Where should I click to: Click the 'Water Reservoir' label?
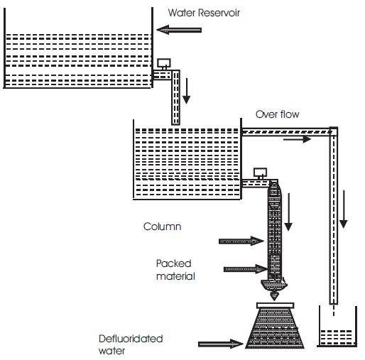tap(204, 13)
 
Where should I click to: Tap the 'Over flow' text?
tap(277, 114)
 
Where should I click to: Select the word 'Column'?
tap(163, 227)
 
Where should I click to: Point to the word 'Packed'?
tap(174, 263)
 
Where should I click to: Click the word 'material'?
tap(175, 276)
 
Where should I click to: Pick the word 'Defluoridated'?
tap(131, 339)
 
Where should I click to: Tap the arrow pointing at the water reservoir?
tap(179, 30)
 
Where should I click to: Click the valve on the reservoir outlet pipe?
tap(164, 64)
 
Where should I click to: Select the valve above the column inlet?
tap(260, 173)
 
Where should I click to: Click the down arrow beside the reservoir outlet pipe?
tap(187, 91)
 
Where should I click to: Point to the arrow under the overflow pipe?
tap(297, 139)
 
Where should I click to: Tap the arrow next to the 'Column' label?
tap(241, 241)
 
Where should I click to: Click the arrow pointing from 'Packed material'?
tap(246, 269)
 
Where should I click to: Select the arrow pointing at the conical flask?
tap(221, 344)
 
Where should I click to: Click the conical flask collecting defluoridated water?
tap(275, 325)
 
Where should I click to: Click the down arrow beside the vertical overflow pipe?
tap(344, 209)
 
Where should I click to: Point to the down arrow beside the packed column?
tap(288, 212)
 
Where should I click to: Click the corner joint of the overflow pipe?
tap(334, 131)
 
